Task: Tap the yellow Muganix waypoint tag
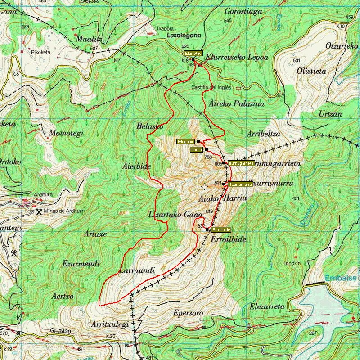pos(185,141)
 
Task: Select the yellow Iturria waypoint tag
pos(196,150)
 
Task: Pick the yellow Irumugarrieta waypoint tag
pos(241,163)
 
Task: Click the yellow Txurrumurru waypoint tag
pos(238,184)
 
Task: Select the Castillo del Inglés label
pos(207,87)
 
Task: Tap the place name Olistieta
pos(311,71)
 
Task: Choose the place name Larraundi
pos(137,271)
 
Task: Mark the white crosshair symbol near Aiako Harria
pos(205,186)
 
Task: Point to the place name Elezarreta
pos(267,306)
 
